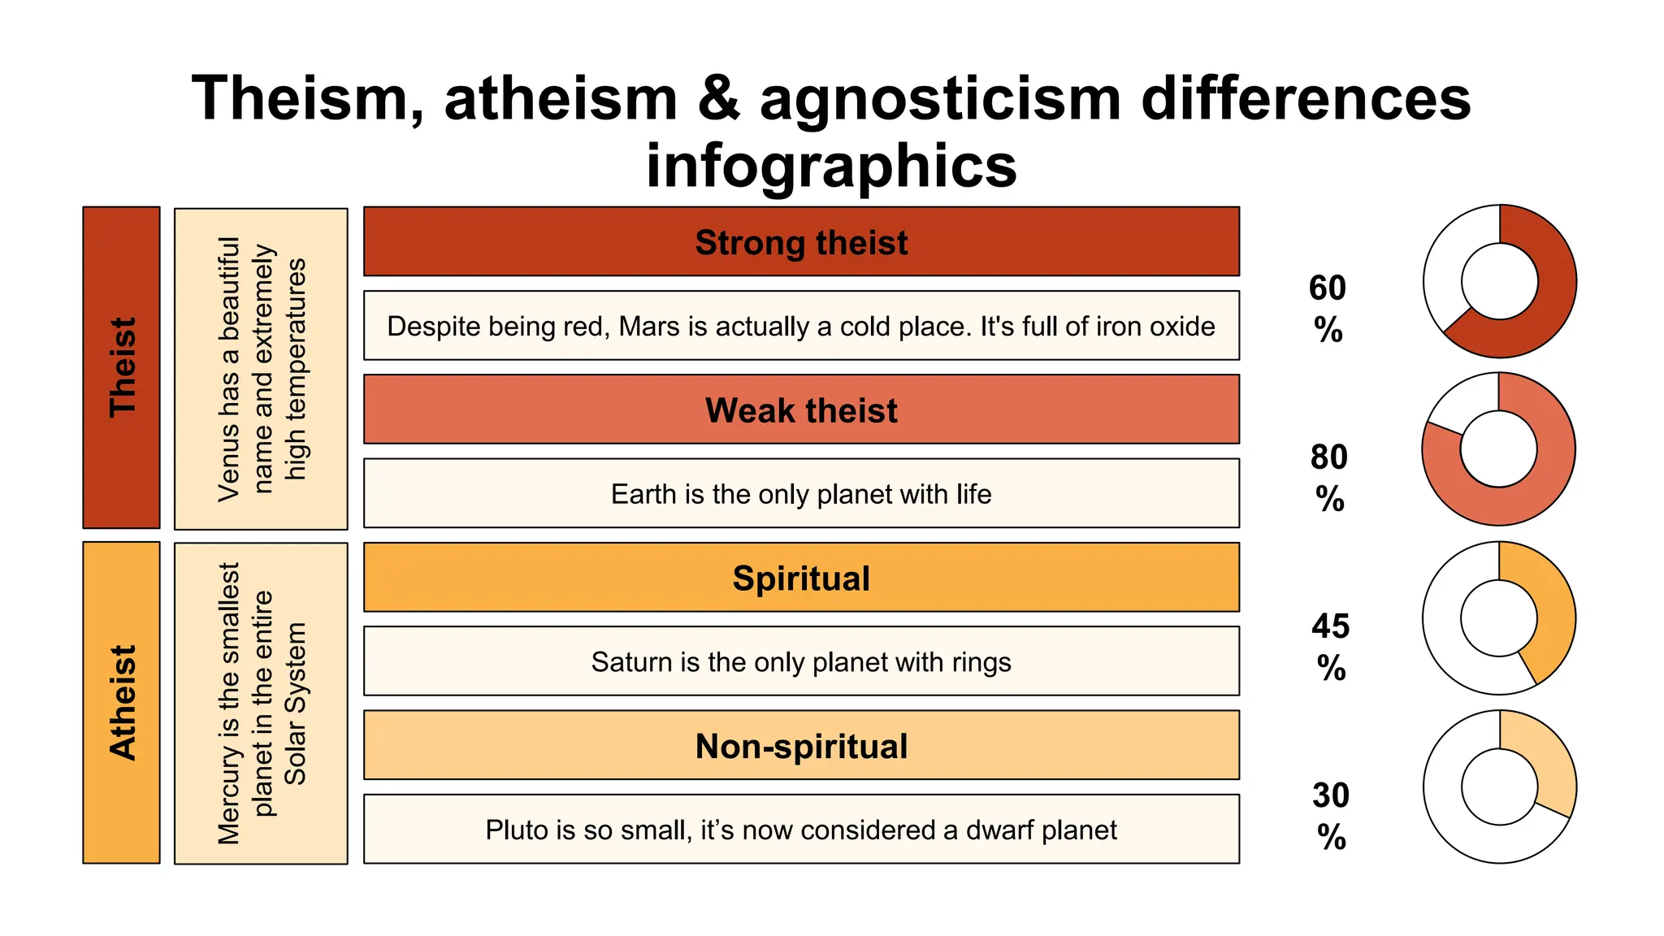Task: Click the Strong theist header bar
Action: coord(800,242)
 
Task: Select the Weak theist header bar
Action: coord(800,409)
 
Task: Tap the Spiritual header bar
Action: coord(800,578)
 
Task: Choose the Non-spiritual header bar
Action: coord(800,746)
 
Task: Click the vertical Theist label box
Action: coord(121,367)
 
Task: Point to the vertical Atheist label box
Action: coord(121,703)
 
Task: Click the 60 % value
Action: coord(1328,309)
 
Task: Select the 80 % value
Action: coord(1329,478)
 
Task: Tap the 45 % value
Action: coord(1330,647)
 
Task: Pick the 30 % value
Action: coord(1331,816)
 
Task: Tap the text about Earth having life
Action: coord(800,494)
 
